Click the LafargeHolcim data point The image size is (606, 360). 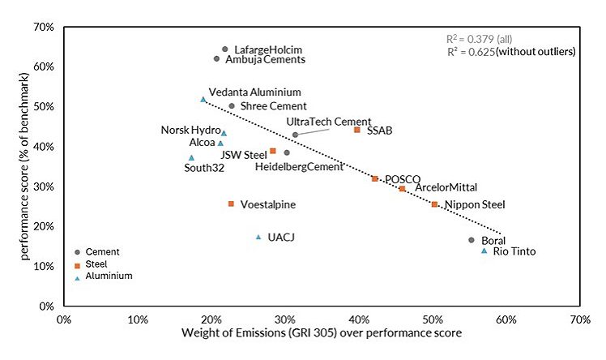224,49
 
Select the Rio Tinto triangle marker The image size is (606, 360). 484,251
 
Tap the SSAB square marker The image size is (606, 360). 356,130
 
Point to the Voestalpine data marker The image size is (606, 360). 231,204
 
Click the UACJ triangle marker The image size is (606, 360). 258,237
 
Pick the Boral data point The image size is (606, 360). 472,240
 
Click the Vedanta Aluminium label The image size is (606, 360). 254,92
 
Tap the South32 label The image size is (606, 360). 204,168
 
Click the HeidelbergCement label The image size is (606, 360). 299,167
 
